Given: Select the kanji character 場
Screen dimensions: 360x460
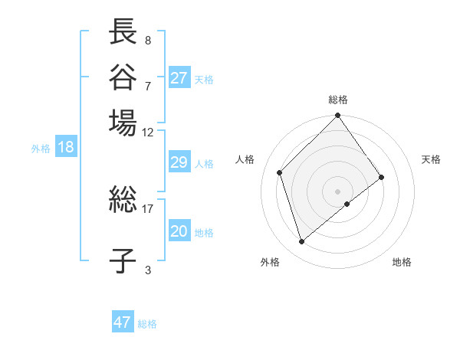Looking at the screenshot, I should (x=123, y=123).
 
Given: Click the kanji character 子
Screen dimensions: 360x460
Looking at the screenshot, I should (x=123, y=260).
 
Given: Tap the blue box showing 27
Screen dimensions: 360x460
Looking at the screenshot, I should (x=179, y=78).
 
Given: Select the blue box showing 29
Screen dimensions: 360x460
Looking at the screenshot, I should (x=179, y=162).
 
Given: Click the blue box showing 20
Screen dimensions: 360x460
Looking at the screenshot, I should (x=179, y=232).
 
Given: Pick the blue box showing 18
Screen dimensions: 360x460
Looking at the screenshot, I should (x=66, y=148).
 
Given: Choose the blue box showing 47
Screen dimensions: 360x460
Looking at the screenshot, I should (x=123, y=322).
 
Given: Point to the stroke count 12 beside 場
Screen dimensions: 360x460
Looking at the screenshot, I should (x=148, y=132).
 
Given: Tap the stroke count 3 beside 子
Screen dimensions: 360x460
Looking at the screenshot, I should (x=148, y=269).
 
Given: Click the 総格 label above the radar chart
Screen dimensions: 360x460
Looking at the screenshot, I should (x=338, y=100).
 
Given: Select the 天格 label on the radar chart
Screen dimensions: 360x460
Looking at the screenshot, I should (x=431, y=159).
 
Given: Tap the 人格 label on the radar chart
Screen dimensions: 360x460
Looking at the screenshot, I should (x=245, y=159).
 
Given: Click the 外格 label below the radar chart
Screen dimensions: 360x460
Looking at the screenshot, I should (x=270, y=262).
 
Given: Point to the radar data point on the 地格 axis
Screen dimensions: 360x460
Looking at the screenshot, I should (x=347, y=204).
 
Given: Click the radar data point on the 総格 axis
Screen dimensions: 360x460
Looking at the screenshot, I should (x=338, y=116).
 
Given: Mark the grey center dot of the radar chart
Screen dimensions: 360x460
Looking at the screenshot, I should (x=338, y=191).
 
